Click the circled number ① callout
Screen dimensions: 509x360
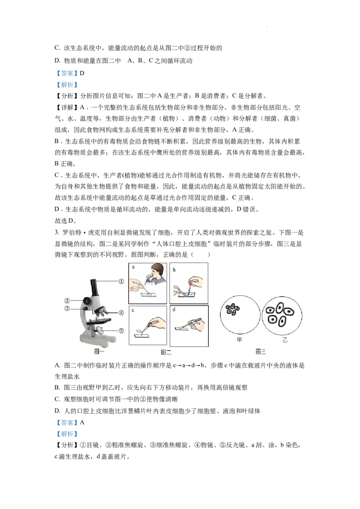[121, 281]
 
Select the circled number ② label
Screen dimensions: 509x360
[67, 300]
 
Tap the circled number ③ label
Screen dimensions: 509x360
[67, 308]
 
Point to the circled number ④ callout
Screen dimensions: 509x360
[121, 312]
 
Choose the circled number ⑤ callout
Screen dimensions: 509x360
[121, 330]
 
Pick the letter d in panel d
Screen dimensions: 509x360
[174, 310]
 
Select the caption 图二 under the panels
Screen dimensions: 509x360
[166, 353]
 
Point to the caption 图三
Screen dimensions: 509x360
[261, 352]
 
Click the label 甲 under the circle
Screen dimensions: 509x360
[239, 340]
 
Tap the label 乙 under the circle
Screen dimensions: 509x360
[284, 340]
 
